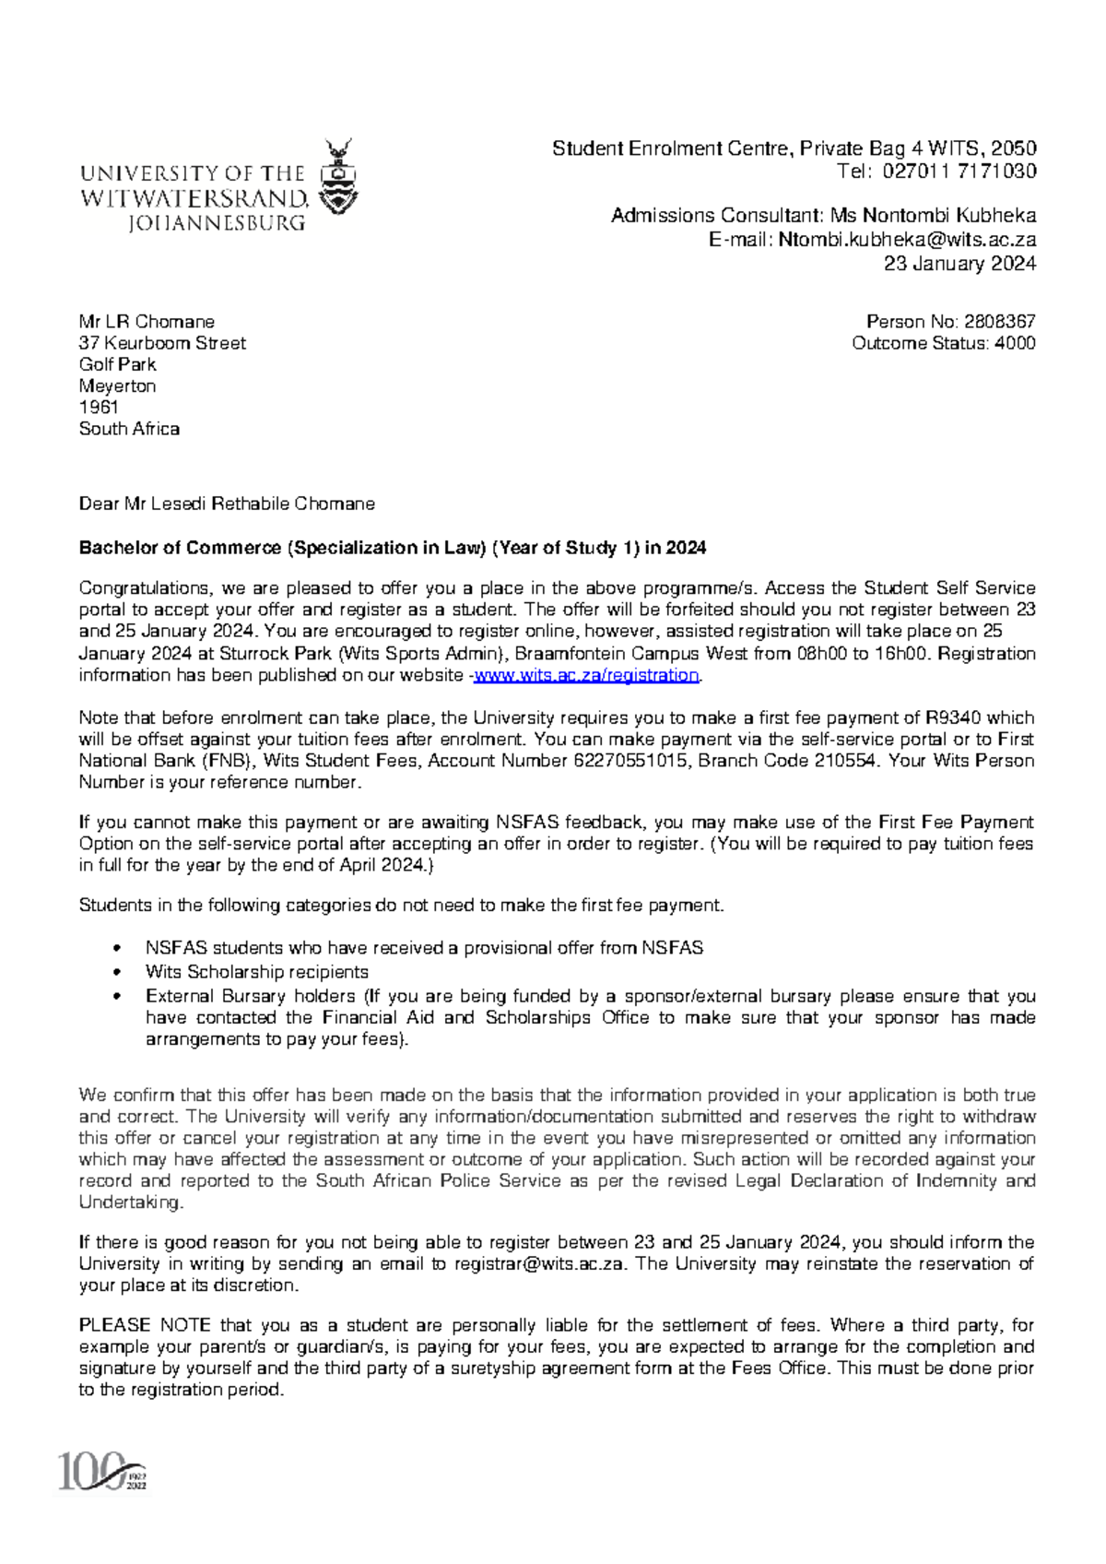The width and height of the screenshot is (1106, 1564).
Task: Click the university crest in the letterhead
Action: tap(338, 177)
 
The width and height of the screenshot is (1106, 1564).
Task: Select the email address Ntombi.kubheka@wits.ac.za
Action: tap(907, 240)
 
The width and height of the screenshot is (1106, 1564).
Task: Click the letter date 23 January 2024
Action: tap(959, 264)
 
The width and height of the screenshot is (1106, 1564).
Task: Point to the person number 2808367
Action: tap(999, 322)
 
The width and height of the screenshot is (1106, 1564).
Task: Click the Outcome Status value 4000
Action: tap(1015, 343)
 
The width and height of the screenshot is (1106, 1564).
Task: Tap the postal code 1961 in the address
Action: tap(99, 408)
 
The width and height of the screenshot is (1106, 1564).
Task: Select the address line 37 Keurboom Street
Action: tap(162, 343)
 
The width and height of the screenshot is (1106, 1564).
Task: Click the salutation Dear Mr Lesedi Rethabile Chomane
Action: tap(227, 504)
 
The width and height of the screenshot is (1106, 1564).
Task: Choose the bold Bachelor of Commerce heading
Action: tap(393, 548)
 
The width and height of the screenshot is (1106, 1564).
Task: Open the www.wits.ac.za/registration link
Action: tap(586, 675)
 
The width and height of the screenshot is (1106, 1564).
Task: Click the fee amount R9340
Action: tap(953, 717)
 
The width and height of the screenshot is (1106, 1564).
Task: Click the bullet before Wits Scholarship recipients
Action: tap(116, 972)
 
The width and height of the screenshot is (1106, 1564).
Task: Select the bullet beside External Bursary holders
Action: tap(116, 997)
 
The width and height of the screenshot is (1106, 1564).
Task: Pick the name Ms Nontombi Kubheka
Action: tap(933, 216)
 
